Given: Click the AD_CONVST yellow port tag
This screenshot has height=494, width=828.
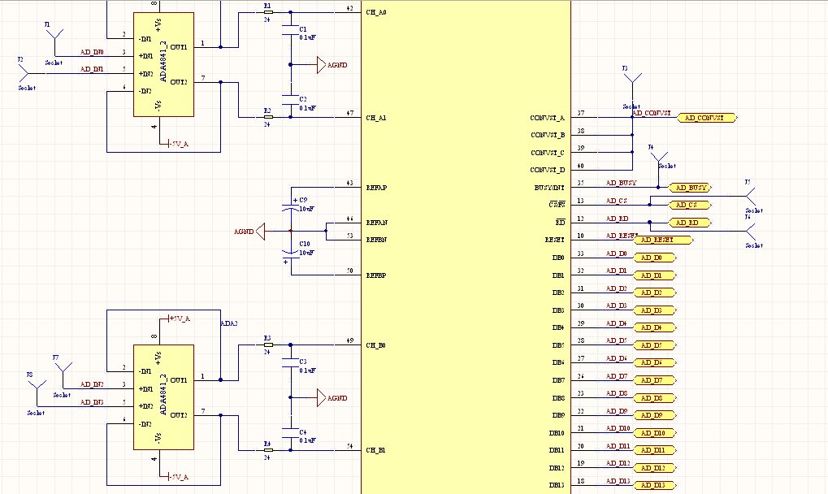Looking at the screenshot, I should pyautogui.click(x=706, y=119).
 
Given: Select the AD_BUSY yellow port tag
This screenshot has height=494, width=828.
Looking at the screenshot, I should pyautogui.click(x=688, y=188).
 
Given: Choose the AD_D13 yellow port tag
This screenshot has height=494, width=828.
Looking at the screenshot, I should pyautogui.click(x=654, y=485).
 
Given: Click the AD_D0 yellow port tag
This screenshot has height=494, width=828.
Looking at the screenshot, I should pyautogui.click(x=652, y=258).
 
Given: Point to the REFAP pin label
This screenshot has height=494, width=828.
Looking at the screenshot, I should pyautogui.click(x=376, y=188).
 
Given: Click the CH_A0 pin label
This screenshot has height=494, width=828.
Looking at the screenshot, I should pyautogui.click(x=376, y=14).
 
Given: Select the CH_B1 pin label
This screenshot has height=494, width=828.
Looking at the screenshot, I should pyautogui.click(x=376, y=449).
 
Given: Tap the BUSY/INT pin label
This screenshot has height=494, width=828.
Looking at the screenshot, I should pyautogui.click(x=550, y=188).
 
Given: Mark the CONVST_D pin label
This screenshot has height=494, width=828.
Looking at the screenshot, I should pyautogui.click(x=548, y=170).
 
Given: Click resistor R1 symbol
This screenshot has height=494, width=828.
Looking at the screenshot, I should pyautogui.click(x=268, y=13).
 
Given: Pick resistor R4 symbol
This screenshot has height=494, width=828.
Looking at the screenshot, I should pyautogui.click(x=268, y=449).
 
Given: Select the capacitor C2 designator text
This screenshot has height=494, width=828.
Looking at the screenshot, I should pyautogui.click(x=303, y=99).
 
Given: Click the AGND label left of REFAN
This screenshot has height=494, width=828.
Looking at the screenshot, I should pyautogui.click(x=244, y=232).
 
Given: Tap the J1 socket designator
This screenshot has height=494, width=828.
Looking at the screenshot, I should pyautogui.click(x=47, y=25).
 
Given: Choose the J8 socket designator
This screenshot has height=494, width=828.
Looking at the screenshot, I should pyautogui.click(x=29, y=375).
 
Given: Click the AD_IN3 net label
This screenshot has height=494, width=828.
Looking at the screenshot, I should pyautogui.click(x=92, y=402).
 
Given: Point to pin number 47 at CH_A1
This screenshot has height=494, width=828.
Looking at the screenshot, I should pyautogui.click(x=349, y=113).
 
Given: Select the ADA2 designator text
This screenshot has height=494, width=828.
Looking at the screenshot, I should pyautogui.click(x=229, y=323).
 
